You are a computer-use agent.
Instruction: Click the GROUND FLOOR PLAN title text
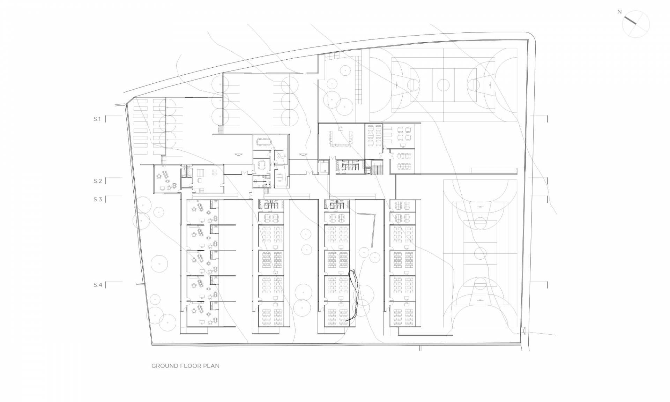185,366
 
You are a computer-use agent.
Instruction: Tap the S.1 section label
97,119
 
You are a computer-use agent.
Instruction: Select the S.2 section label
98,181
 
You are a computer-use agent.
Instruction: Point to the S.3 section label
98,200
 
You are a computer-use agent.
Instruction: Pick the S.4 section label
98,285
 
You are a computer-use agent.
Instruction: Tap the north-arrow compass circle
636,24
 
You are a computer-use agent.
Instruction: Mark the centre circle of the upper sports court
444,85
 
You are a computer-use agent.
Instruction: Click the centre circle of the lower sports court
480,253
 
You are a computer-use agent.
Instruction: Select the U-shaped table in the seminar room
341,137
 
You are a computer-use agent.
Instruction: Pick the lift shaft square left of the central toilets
323,167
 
